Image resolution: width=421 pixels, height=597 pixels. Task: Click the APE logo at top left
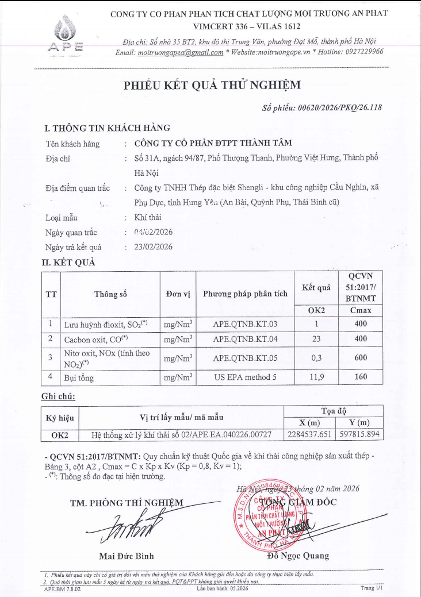pos(68,34)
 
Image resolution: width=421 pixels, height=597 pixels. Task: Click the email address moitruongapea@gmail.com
pos(181,52)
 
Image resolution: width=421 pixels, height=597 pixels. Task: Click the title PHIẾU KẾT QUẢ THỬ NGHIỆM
pos(212,86)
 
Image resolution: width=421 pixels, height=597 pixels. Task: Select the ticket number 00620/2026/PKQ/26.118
pos(338,107)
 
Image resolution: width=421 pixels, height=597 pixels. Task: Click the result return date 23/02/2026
pos(152,247)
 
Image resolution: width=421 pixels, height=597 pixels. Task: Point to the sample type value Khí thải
pos(147,218)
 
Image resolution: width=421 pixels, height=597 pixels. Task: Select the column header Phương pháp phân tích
pos(245,294)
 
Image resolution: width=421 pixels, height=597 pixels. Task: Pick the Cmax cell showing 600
pos(361,357)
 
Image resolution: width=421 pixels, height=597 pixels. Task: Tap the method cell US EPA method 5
pos(245,378)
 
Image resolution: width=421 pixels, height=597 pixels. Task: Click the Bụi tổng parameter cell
pos(79,379)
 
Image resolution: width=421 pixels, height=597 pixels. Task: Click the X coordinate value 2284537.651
pos(309,434)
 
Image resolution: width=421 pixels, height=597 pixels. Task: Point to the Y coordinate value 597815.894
pos(359,434)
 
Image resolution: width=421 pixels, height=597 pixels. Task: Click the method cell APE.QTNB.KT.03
pos(245,324)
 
